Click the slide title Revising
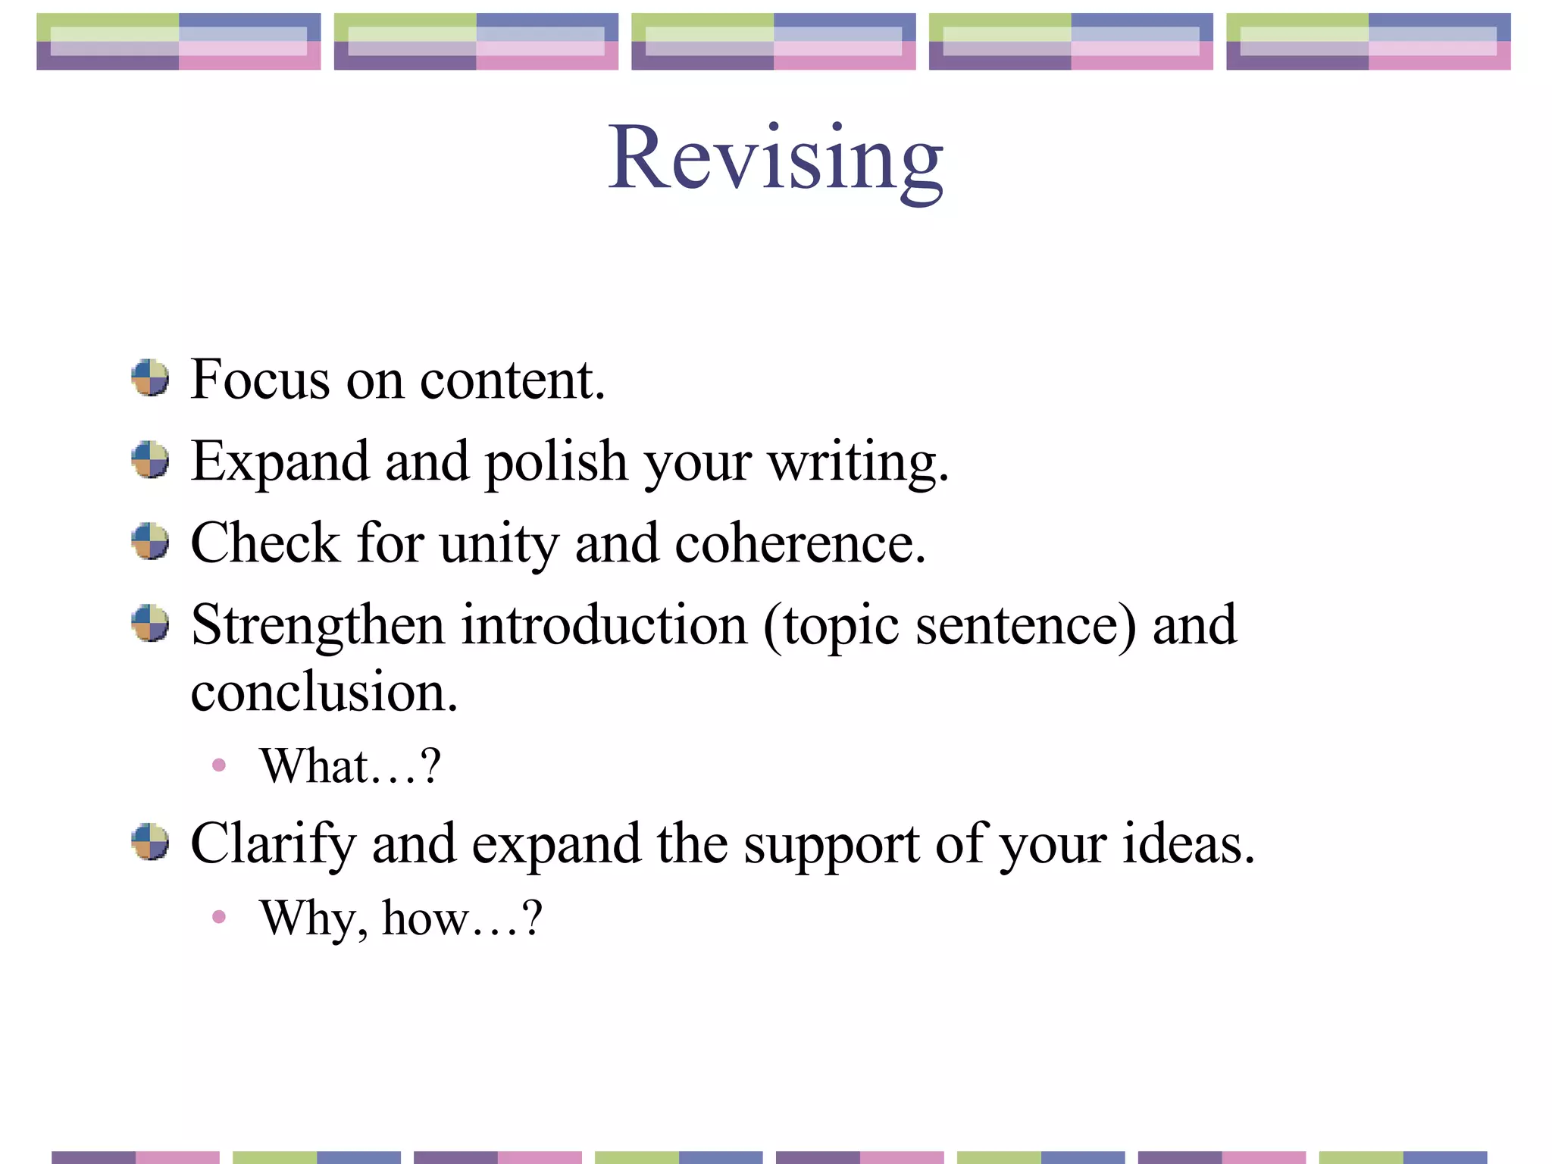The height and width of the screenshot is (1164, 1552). (x=775, y=158)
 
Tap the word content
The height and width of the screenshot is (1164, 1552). (x=512, y=380)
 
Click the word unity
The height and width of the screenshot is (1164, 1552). (x=499, y=545)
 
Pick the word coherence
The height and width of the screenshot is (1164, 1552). (x=799, y=545)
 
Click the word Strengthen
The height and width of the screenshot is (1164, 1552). (x=318, y=626)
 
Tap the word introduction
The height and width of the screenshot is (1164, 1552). (x=605, y=626)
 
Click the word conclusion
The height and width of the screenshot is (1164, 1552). (x=324, y=693)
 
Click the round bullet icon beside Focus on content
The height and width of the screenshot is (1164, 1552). (x=150, y=378)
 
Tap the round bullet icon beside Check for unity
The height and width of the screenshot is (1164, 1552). (x=150, y=541)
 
